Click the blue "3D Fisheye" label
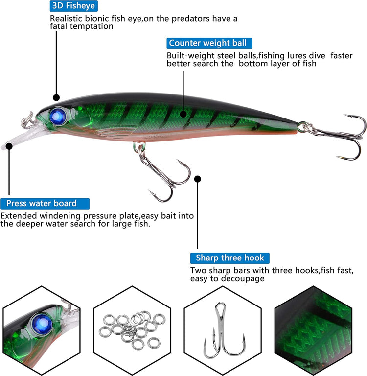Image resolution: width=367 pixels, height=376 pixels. (x=74, y=6)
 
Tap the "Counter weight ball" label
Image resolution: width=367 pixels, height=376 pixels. (x=208, y=43)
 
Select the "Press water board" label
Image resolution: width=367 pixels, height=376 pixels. (x=45, y=203)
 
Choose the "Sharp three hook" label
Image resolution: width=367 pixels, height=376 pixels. (x=229, y=258)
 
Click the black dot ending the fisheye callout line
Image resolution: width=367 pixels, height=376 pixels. (x=56, y=98)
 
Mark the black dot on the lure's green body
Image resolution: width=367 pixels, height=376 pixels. (x=183, y=115)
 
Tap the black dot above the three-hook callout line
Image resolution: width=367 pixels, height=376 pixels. (x=198, y=179)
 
